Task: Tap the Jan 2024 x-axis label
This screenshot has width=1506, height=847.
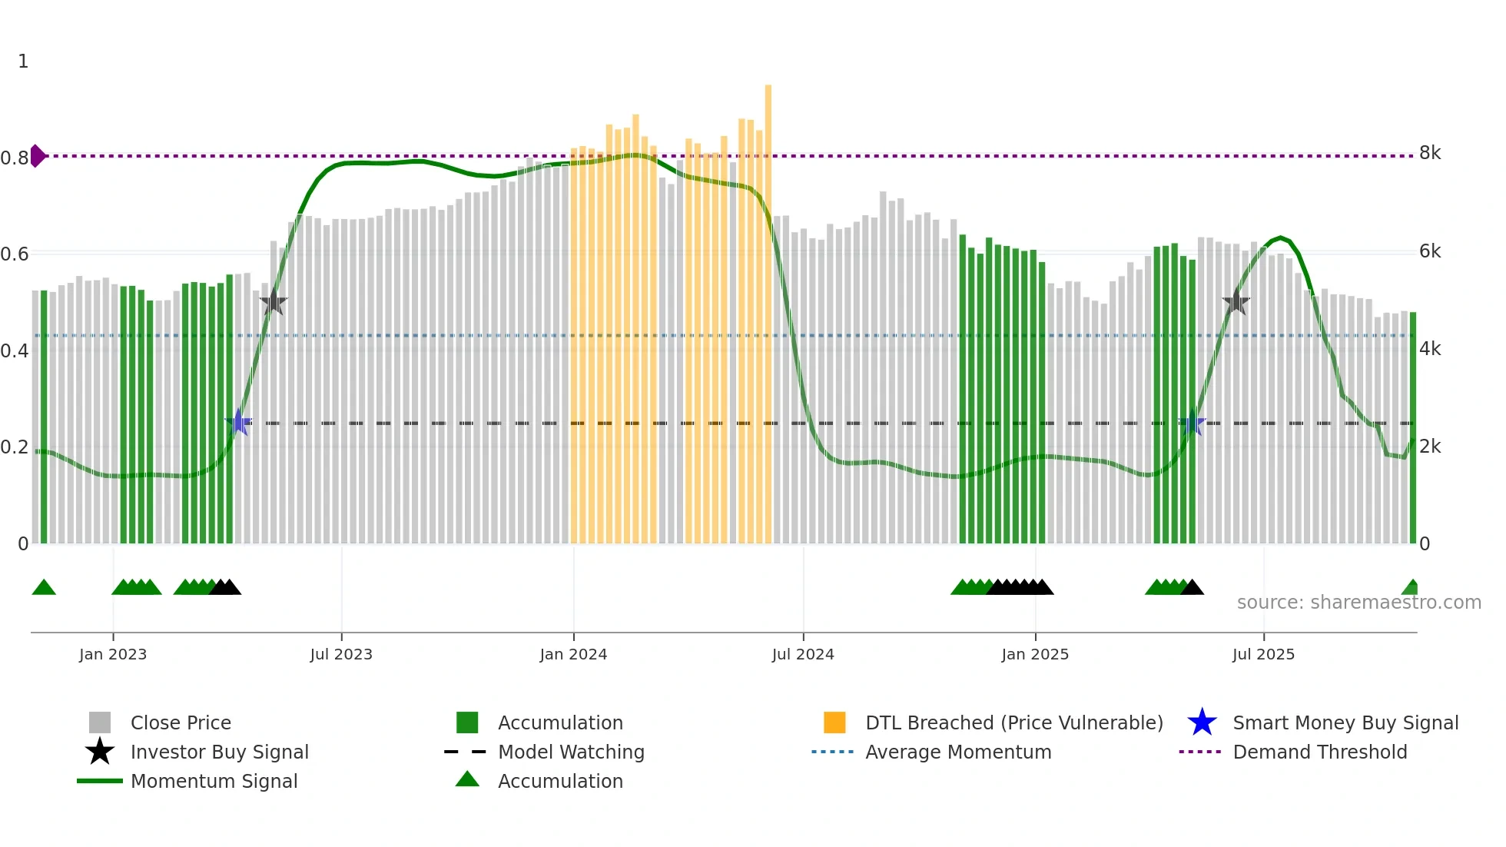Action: pos(573,654)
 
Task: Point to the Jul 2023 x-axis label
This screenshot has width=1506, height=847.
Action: pos(341,654)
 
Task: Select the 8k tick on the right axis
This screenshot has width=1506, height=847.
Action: pos(1430,153)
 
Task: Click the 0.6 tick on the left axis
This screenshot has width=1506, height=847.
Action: pos(15,254)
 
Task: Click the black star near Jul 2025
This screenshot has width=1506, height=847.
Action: pos(1236,303)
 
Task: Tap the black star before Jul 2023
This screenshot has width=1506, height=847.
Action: pos(273,302)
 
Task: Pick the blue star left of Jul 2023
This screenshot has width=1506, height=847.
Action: pos(239,423)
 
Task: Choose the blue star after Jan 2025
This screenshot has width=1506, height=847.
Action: pos(1193,423)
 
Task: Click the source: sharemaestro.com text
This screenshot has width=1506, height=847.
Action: pos(1358,603)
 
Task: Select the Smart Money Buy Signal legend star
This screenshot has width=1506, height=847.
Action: pos(1202,722)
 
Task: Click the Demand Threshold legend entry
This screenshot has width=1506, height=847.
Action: pos(1319,752)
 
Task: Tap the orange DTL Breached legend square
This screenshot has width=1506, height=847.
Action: pos(834,722)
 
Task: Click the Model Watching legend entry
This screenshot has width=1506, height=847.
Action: pos(570,752)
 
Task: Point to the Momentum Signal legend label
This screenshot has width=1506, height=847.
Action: pos(214,781)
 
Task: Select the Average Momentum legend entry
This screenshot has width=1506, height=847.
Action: pos(957,752)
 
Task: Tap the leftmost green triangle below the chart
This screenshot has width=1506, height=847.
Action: pos(44,588)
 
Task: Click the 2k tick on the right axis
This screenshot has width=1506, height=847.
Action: pos(1430,447)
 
